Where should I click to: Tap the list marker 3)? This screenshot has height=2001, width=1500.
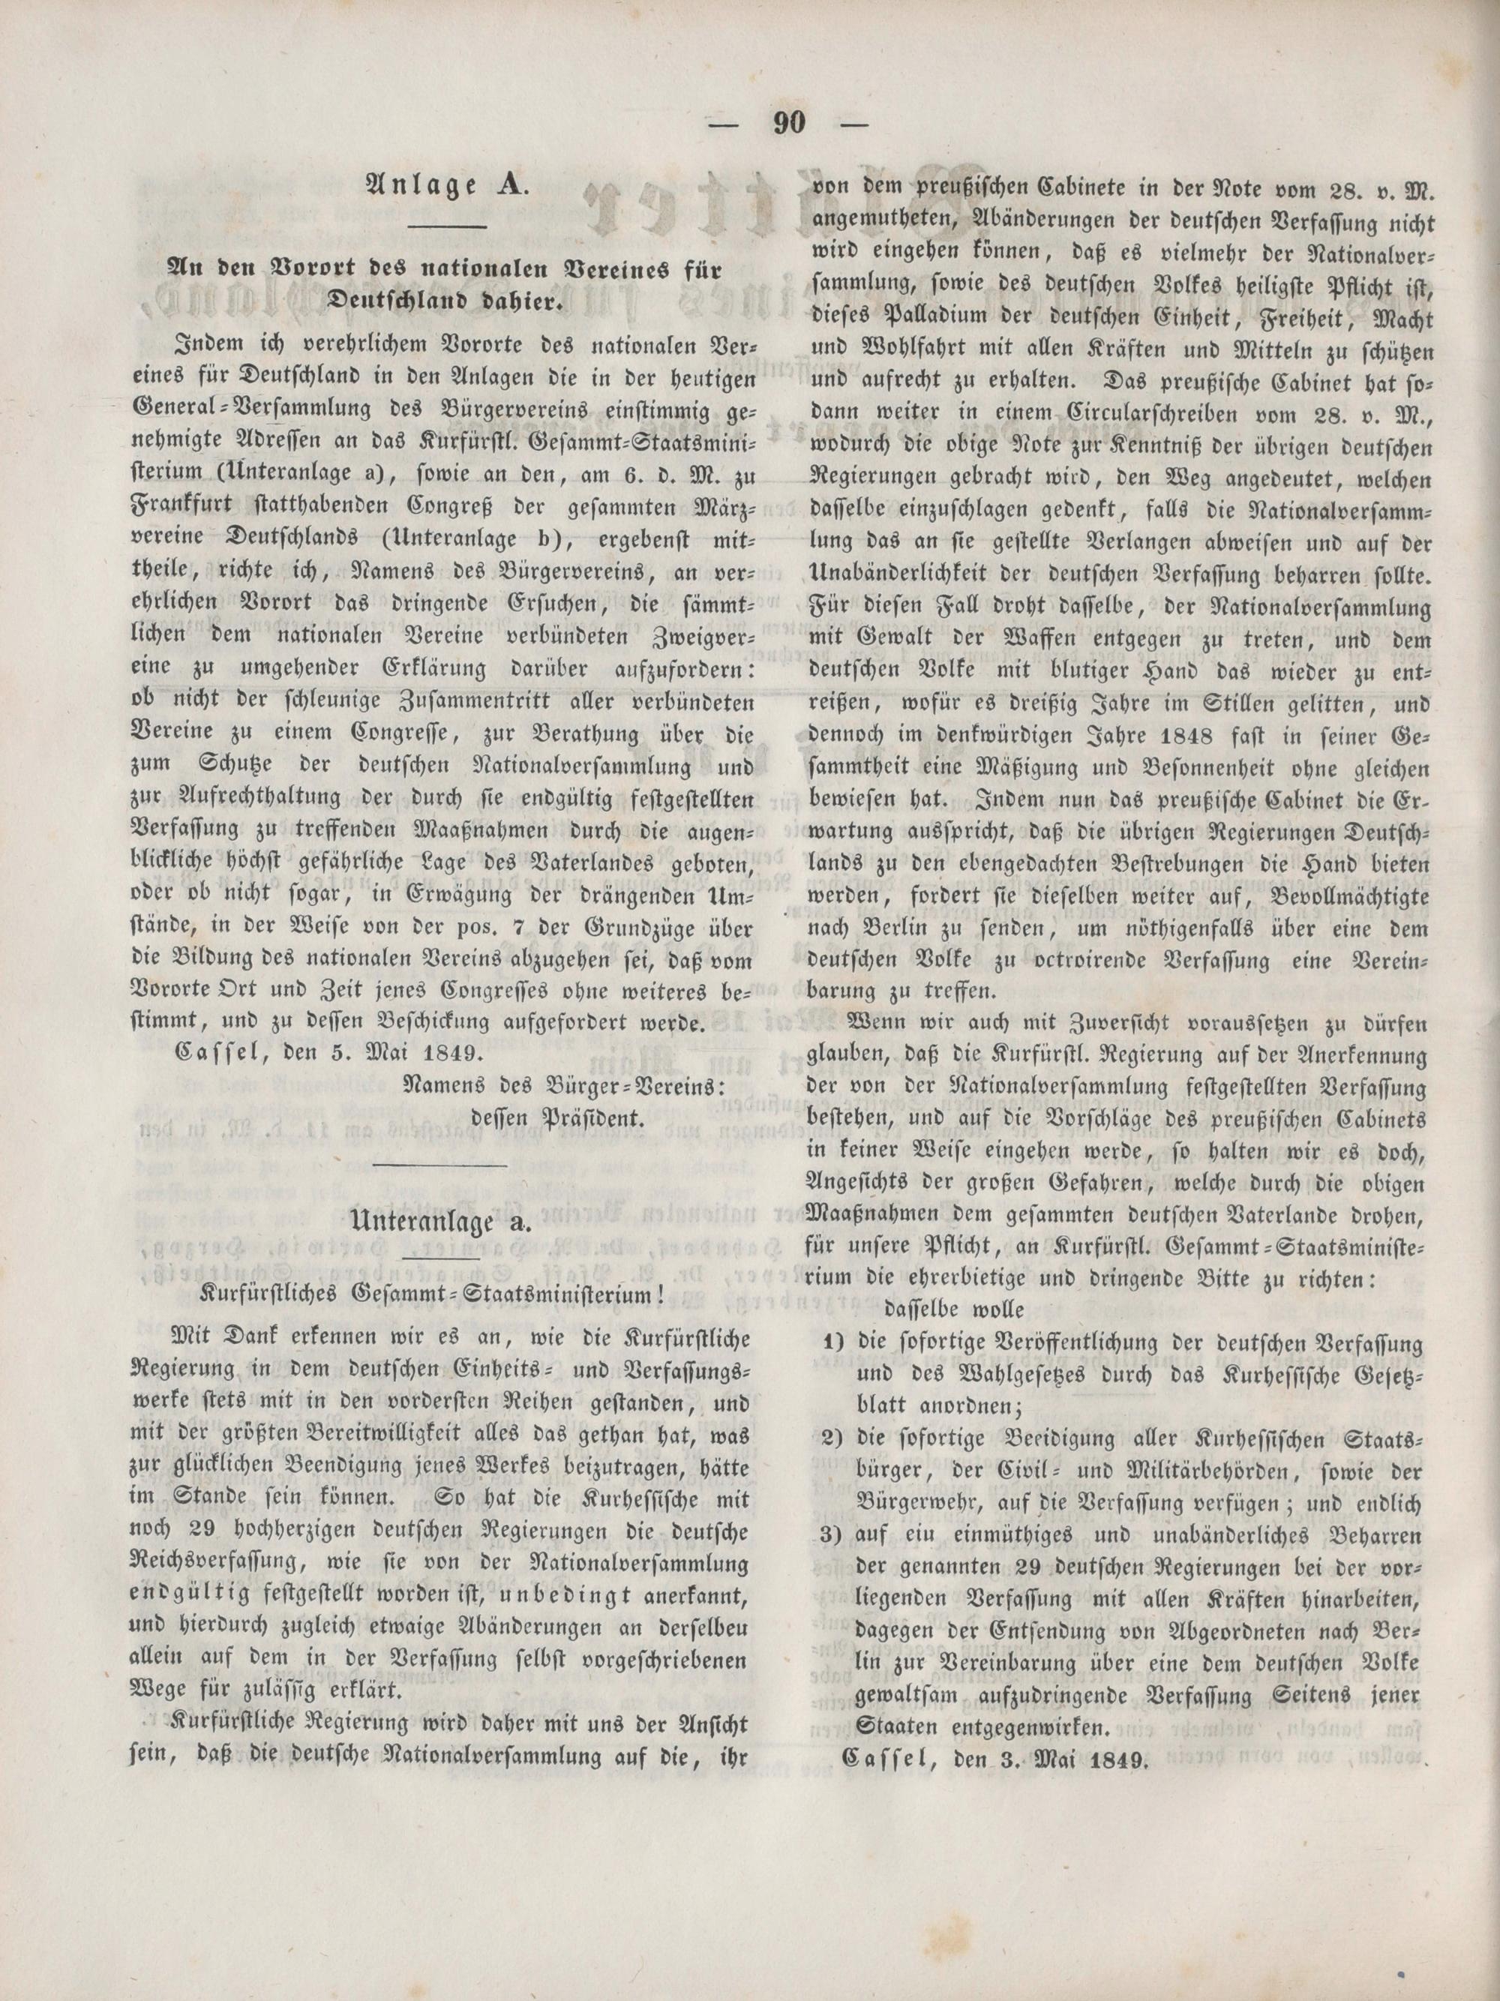[832, 1536]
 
